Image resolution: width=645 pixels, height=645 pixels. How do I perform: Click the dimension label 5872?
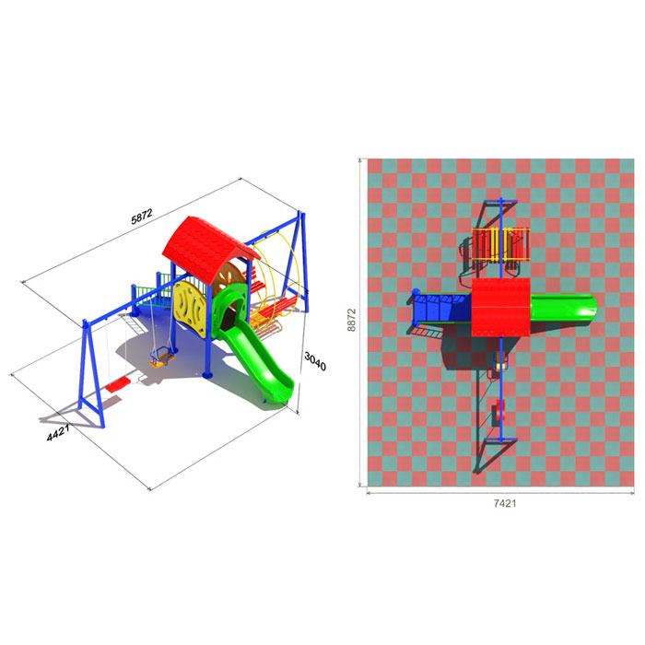[142, 217]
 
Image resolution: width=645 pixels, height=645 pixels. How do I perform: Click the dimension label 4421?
[58, 432]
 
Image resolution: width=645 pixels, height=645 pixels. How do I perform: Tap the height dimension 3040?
[315, 361]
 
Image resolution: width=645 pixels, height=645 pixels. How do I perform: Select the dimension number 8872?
[351, 320]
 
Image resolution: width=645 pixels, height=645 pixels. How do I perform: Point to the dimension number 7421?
[505, 503]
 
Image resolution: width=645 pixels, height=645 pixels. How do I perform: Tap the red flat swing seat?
[118, 385]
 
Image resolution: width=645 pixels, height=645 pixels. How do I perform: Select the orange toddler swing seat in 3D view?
[161, 358]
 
